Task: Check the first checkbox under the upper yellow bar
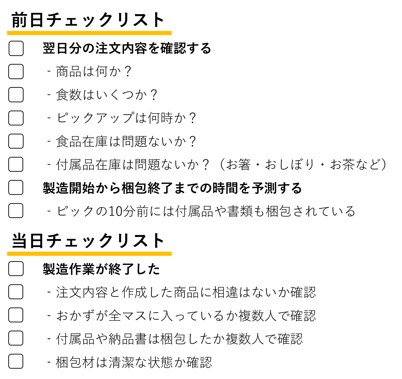pos(16,48)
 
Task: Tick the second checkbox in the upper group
pos(16,72)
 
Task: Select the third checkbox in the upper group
pos(16,95)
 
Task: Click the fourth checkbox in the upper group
pos(16,118)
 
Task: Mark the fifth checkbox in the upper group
pos(16,141)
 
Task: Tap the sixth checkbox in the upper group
pos(16,164)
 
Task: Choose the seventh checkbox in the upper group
pos(16,187)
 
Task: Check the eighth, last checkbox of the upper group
pos(16,210)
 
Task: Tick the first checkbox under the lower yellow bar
pos(16,268)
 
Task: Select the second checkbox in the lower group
pos(16,292)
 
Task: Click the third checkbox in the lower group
pos(16,315)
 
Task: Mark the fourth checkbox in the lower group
pos(16,338)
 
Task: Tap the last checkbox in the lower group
pos(16,361)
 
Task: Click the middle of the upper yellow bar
pos(89,33)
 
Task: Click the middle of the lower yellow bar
pos(89,254)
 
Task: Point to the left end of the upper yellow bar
pos(8,33)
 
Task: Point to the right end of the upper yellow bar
pos(171,33)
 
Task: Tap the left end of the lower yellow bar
pos(8,254)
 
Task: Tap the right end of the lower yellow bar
pos(171,254)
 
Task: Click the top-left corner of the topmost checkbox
pos(10,42)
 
